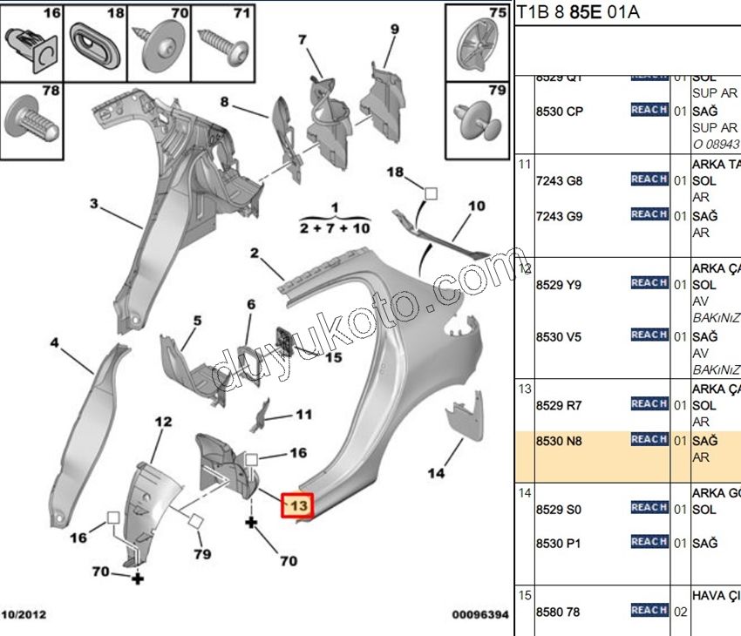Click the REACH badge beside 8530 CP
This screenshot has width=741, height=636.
tap(649, 110)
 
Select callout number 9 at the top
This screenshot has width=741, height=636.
tap(394, 30)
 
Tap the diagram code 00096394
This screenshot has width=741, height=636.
tap(479, 615)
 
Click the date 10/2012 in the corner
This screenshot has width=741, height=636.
tap(24, 615)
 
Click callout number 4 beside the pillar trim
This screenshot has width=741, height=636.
tap(54, 343)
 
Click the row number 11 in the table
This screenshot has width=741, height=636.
tap(525, 165)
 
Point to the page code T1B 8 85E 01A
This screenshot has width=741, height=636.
tap(579, 12)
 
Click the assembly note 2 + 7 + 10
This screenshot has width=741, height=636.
tap(335, 227)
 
